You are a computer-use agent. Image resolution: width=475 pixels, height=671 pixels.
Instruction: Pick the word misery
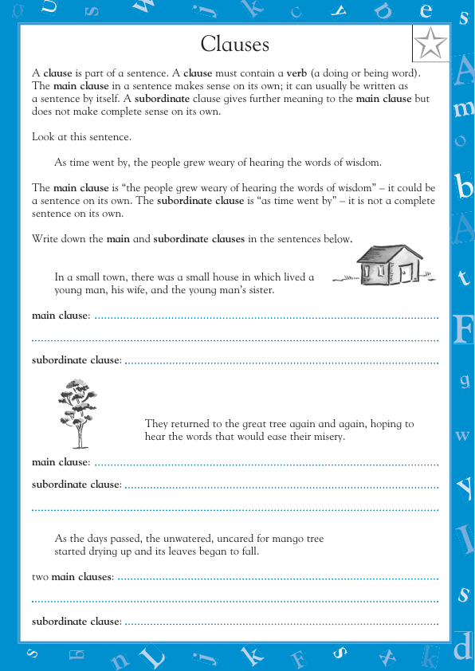[x=328, y=437]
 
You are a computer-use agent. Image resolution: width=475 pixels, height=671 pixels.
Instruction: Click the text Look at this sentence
[x=81, y=136]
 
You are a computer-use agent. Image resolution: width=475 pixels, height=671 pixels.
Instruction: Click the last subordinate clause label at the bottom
[x=76, y=622]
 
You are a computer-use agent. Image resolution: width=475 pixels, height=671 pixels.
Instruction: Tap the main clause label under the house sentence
[x=60, y=316]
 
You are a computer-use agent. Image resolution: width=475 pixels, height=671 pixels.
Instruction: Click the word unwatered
[x=188, y=540]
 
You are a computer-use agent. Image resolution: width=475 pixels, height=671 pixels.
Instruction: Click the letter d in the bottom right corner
[x=462, y=649]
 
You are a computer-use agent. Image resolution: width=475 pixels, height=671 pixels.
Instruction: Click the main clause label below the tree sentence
[x=60, y=462]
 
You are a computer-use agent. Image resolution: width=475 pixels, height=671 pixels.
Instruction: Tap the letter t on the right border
[x=463, y=277]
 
